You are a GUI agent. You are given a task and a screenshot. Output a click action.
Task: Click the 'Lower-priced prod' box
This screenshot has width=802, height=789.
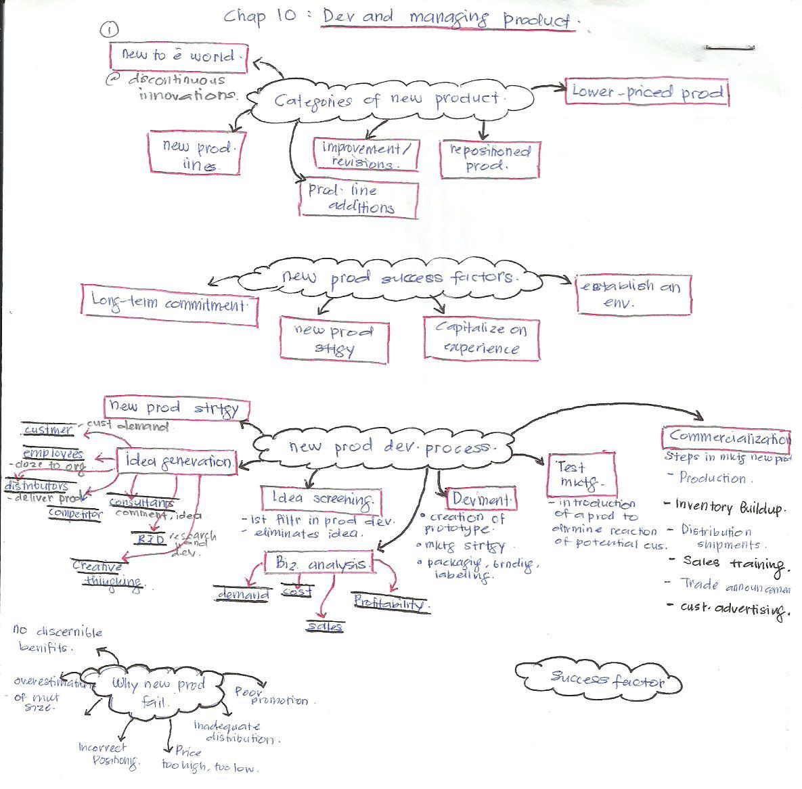click(x=646, y=92)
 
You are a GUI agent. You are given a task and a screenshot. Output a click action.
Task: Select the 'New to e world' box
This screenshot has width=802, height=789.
click(x=178, y=56)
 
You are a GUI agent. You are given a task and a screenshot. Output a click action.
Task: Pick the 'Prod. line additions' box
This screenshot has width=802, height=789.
click(x=359, y=199)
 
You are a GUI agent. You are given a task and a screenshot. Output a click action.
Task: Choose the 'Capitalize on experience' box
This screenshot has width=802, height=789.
click(x=481, y=338)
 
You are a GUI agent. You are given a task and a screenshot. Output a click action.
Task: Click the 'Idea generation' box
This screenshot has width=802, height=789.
click(x=177, y=461)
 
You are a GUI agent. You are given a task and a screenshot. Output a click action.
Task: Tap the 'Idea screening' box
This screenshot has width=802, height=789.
click(x=321, y=499)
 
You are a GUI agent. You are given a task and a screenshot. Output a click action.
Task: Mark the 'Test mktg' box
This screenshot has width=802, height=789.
click(x=581, y=474)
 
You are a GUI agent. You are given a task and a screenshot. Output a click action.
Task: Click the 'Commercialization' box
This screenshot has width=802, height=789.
click(x=726, y=438)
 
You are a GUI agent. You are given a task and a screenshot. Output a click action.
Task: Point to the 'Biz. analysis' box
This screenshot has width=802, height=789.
click(x=319, y=563)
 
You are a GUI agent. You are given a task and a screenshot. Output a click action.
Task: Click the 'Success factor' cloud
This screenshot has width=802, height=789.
click(x=598, y=678)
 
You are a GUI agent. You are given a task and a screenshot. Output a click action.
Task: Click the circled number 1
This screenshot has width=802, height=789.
click(x=108, y=29)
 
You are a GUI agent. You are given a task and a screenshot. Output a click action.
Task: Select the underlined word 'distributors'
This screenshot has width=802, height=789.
click(x=37, y=486)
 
